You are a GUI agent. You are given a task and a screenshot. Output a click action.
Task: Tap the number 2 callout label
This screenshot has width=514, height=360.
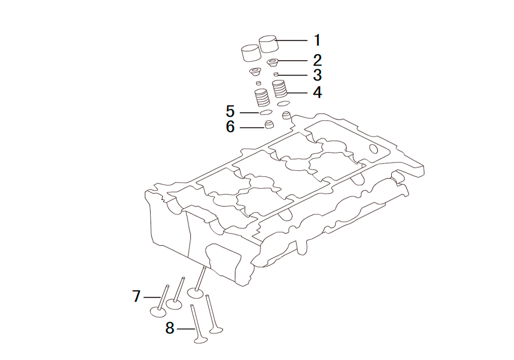click(x=317, y=60)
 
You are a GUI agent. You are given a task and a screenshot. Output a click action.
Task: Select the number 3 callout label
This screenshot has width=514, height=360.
click(x=317, y=75)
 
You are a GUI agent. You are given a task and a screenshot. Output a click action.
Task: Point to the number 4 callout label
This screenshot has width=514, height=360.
click(x=317, y=93)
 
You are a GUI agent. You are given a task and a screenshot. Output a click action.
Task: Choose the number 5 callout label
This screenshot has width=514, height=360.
click(x=230, y=112)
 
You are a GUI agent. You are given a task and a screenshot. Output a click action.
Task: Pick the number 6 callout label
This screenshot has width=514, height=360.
click(x=230, y=127)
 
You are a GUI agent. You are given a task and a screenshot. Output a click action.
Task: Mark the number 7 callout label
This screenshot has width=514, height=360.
click(x=136, y=296)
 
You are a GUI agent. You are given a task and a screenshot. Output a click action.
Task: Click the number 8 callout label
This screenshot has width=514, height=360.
click(x=170, y=328)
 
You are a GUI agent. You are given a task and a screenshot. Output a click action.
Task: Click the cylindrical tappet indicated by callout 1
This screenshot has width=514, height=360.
click(x=269, y=43)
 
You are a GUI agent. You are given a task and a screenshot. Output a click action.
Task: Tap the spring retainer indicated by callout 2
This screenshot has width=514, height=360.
click(x=273, y=62)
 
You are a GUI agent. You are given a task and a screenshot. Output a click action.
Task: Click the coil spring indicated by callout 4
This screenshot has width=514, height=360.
click(x=280, y=89)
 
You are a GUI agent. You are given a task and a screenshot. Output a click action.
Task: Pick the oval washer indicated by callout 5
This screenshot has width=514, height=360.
click(x=266, y=113)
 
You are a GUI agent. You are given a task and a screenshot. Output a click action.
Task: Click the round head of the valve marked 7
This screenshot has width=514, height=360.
click(x=158, y=312)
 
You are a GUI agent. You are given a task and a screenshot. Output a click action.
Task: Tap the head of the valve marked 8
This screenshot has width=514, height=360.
click(x=201, y=339)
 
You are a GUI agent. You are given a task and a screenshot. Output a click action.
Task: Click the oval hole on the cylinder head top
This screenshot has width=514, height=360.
click(x=374, y=149)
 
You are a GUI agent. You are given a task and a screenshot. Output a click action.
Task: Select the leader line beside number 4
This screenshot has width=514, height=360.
click(x=297, y=93)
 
